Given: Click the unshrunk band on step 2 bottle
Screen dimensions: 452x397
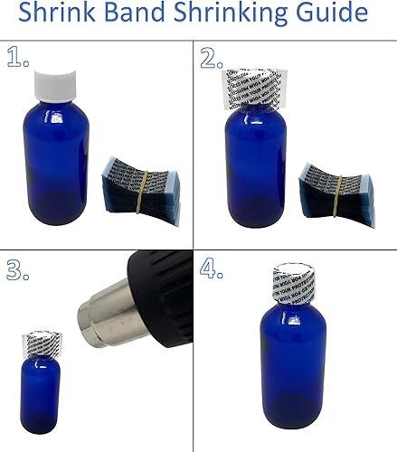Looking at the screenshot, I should [255, 87].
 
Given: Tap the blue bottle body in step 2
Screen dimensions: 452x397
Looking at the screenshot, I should [255, 172].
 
